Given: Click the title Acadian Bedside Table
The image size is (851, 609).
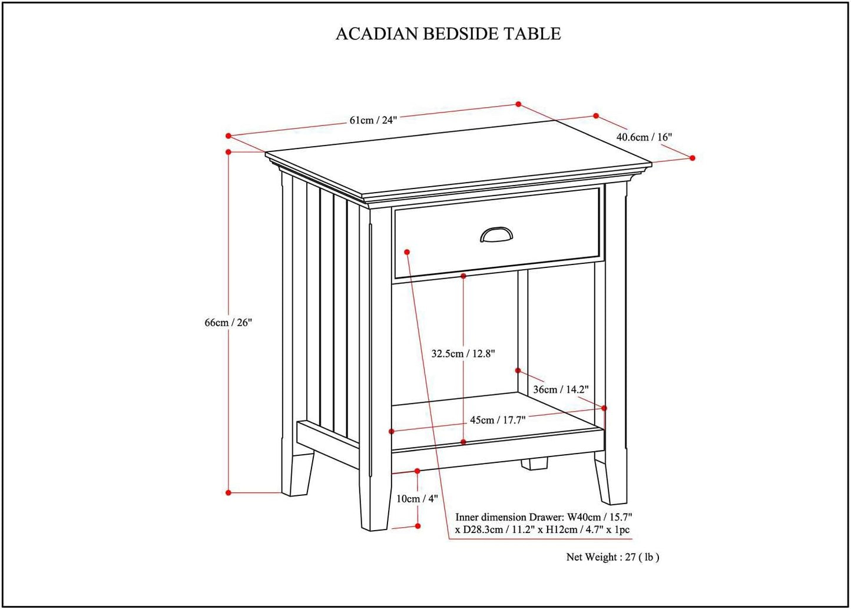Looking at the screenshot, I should click(448, 34).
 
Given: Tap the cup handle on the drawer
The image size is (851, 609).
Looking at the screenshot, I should click(496, 236).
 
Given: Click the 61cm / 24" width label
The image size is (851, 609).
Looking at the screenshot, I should click(373, 120).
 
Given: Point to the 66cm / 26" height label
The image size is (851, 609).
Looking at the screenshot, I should click(228, 323).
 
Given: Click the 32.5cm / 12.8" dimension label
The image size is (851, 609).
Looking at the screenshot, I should click(463, 354).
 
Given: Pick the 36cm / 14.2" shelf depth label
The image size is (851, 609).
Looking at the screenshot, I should click(561, 389).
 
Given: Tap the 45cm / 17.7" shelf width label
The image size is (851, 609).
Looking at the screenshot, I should click(498, 420).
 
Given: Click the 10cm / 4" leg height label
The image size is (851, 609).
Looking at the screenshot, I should click(417, 499).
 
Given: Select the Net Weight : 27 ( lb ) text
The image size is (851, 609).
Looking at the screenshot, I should click(612, 557).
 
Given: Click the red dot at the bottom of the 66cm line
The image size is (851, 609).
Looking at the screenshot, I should click(229, 492).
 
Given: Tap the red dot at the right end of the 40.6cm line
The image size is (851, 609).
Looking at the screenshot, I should click(693, 158).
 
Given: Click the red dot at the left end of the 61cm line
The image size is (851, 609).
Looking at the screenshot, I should click(229, 135).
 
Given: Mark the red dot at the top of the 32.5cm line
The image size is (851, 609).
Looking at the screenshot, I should click(463, 276).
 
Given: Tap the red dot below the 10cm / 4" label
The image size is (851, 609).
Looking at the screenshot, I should click(418, 526).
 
